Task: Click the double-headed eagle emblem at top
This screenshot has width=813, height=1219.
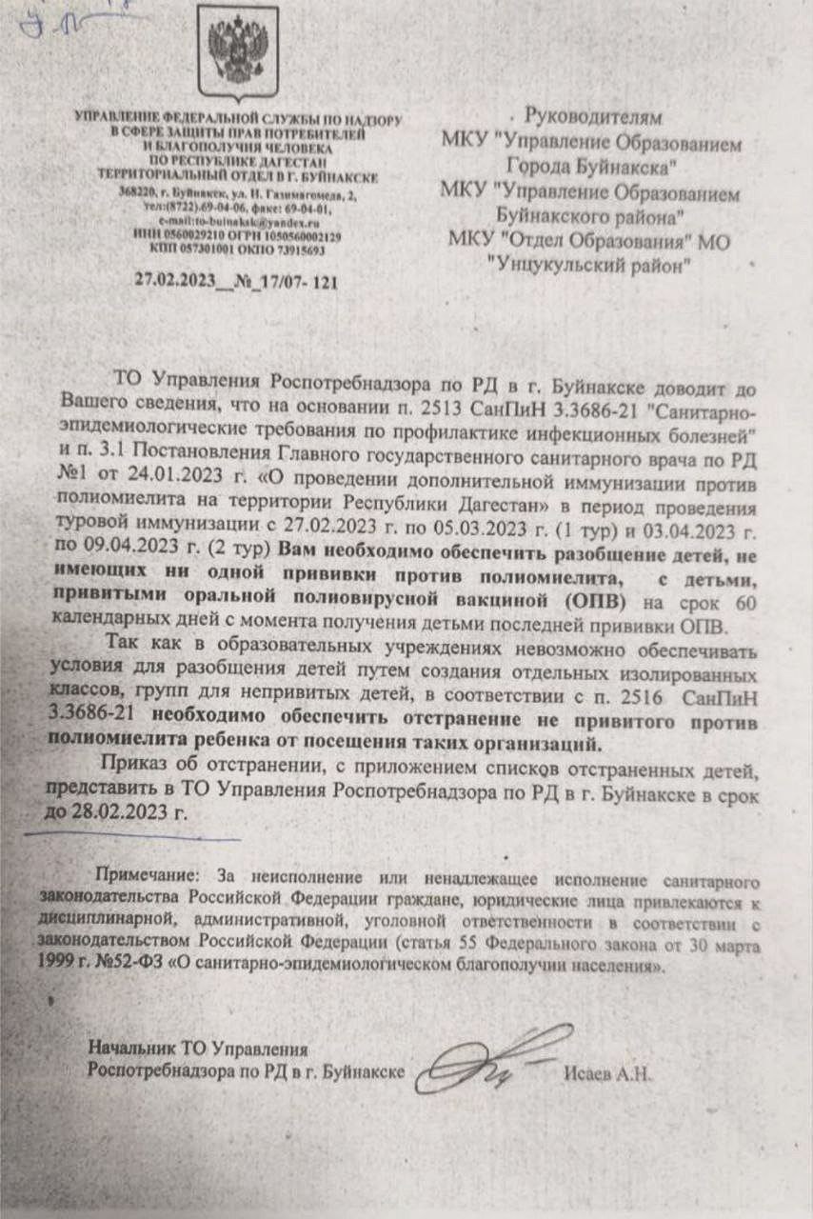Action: coord(237,48)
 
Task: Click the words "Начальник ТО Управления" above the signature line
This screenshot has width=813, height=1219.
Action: coord(199,1049)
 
